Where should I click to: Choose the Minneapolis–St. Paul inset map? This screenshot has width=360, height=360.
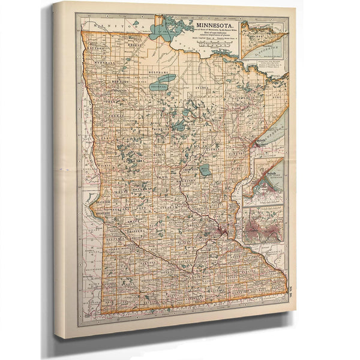(x=263, y=223)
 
